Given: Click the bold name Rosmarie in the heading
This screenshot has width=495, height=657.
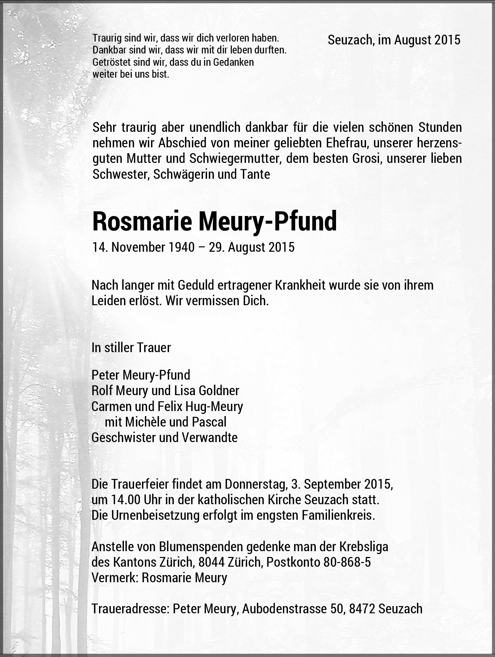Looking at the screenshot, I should click(142, 221).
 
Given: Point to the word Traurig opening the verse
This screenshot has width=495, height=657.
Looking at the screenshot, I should click(107, 38).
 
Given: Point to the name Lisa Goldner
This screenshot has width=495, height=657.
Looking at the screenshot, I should click(207, 390).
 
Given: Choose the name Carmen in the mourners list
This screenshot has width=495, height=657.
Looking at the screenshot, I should click(112, 406).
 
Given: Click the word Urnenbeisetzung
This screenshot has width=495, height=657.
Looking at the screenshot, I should click(150, 515).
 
